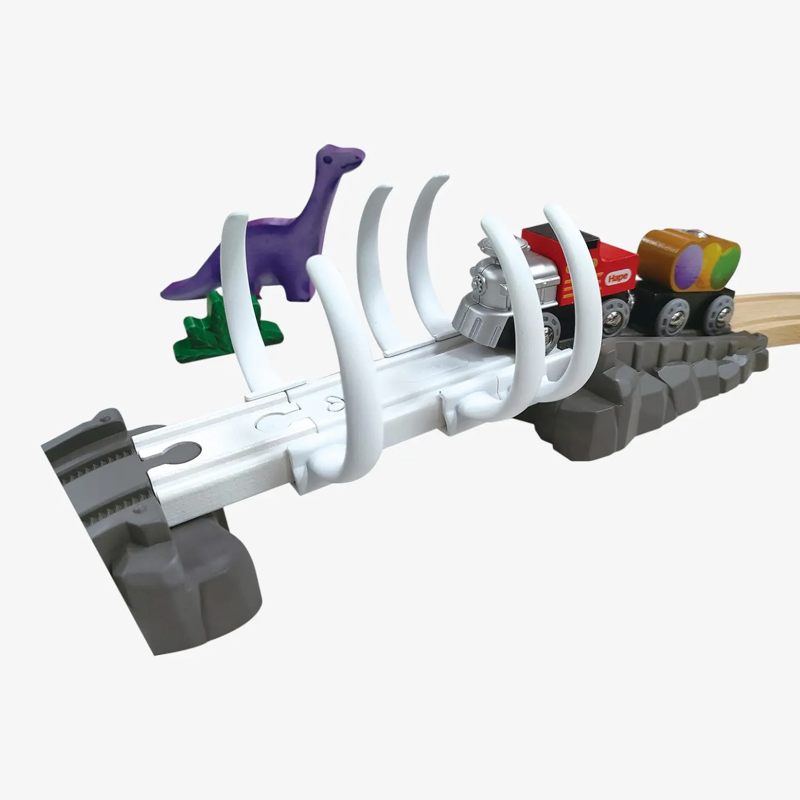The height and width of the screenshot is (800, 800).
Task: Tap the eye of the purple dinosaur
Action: tap(328, 159)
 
